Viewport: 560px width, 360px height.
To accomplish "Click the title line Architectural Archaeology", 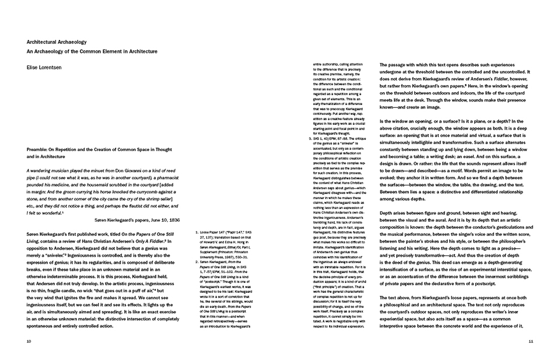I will point(52,42).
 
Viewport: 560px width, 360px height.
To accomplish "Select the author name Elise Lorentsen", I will point(44,68).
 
